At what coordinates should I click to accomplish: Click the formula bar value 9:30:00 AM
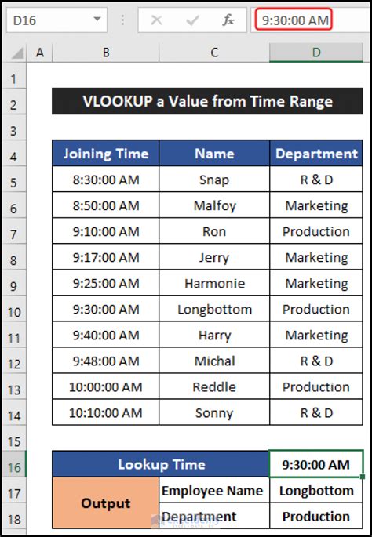pos(293,20)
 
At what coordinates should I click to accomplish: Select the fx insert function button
pos(228,20)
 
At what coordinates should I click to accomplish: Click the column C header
pos(214,53)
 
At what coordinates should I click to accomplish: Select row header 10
pos(13,310)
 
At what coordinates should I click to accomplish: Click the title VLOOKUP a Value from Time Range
pos(207,101)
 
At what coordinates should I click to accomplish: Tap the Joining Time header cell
pos(106,154)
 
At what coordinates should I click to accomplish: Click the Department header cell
pos(316,154)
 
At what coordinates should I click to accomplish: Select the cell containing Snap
pos(214,180)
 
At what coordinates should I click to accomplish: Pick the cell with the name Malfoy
pos(214,205)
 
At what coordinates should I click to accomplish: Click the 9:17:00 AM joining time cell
pos(106,257)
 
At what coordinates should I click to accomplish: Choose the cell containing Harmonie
pos(214,283)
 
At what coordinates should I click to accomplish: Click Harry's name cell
pos(214,335)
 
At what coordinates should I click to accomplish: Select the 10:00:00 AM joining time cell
pos(106,386)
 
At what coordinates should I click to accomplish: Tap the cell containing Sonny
pos(214,412)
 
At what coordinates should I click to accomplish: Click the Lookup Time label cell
pos(161,465)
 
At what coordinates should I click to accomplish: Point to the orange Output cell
pos(106,503)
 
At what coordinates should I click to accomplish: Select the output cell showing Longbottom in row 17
pos(316,491)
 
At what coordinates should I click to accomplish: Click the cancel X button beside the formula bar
pos(156,20)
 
